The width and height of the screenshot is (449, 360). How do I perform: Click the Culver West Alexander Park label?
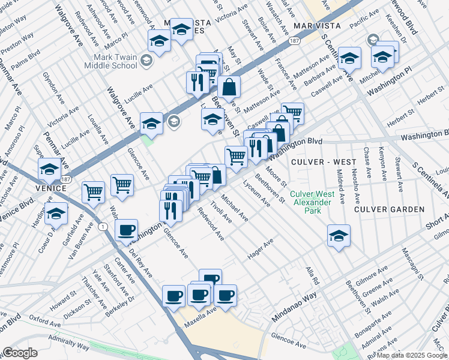(x=310, y=198)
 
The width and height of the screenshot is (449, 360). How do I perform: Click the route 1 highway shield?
(x=105, y=226)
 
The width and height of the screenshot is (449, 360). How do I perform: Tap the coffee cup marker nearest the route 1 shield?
(x=127, y=230)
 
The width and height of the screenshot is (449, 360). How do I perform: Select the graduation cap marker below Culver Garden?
(x=339, y=235)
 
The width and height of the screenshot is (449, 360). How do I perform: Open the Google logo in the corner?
(x=20, y=353)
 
